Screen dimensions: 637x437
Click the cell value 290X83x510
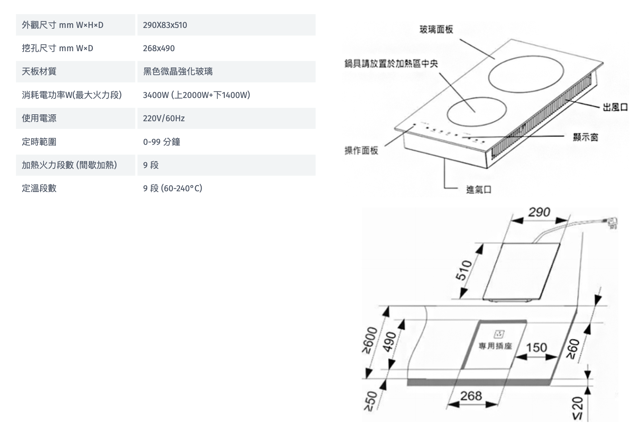click(165, 25)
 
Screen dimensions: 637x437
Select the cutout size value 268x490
click(159, 48)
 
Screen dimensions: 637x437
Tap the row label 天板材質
click(39, 72)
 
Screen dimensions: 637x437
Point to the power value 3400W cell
click(196, 95)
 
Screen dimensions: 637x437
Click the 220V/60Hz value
click(164, 118)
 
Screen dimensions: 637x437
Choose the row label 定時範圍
click(39, 142)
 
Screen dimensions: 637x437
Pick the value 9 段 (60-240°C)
click(173, 188)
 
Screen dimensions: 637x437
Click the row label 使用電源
click(39, 118)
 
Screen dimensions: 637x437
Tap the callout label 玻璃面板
click(436, 29)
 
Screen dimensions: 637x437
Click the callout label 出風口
click(615, 107)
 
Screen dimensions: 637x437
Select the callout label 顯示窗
click(585, 137)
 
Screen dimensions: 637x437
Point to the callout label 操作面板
click(361, 150)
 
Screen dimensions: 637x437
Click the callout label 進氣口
click(479, 189)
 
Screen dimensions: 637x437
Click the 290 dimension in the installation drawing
click(539, 212)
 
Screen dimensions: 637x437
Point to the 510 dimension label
click(464, 270)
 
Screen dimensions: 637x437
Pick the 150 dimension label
click(536, 348)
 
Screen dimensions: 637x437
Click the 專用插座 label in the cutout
click(495, 346)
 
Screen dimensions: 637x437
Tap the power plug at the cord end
click(611, 222)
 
